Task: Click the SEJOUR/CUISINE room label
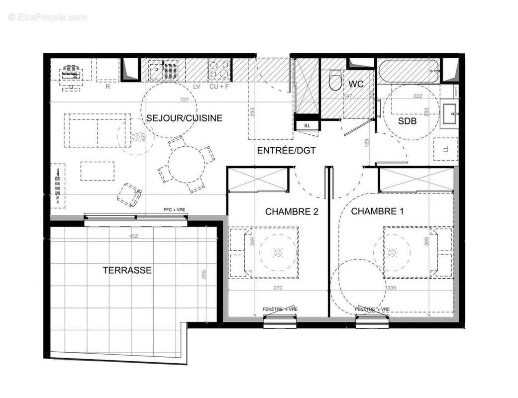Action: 184,118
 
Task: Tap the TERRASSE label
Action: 127,270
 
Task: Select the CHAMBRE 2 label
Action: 292,211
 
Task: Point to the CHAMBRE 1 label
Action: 377,211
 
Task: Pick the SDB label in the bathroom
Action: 407,121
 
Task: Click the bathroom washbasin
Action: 451,114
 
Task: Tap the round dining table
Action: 187,164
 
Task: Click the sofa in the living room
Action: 98,130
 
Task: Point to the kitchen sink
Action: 163,70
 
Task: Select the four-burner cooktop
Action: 219,70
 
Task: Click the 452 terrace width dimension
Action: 133,236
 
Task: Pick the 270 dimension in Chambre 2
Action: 278,288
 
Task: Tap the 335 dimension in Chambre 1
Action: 393,288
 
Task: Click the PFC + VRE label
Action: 175,210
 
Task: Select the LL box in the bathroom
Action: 445,149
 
